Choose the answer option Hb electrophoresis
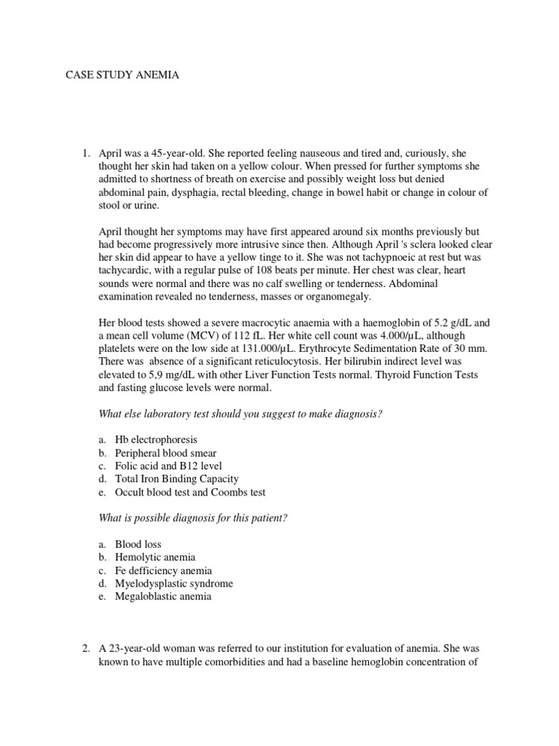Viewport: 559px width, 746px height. [156, 439]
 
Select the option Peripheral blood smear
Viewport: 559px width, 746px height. [166, 452]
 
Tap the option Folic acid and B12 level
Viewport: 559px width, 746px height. [169, 466]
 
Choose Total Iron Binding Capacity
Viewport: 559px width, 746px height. [177, 479]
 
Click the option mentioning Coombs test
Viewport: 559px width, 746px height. [225, 492]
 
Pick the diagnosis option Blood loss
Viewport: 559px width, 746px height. [138, 543]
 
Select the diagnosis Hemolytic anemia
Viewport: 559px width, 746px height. [155, 557]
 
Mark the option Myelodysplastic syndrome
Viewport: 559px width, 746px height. [174, 583]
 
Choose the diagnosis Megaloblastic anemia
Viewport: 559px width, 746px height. [164, 596]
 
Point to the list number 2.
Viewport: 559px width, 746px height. [86, 648]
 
